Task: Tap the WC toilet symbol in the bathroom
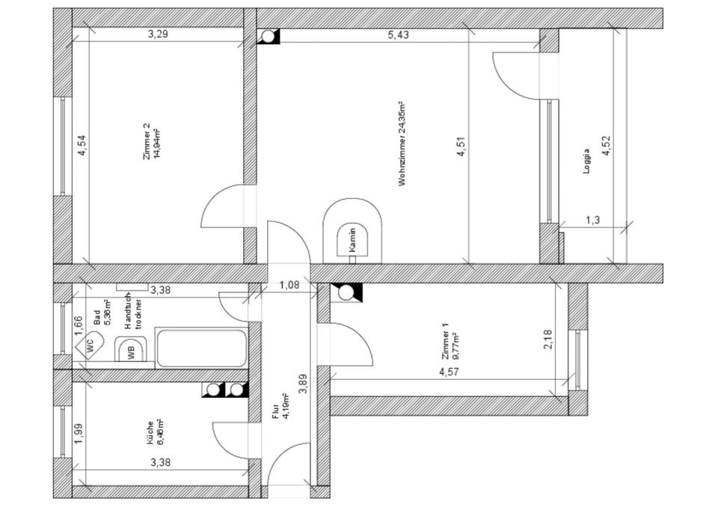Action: tap(89, 345)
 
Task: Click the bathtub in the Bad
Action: tap(202, 348)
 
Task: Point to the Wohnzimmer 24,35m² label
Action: tap(402, 144)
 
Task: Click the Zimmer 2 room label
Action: tap(152, 141)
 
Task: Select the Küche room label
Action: tap(156, 431)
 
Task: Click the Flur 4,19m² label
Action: tap(281, 407)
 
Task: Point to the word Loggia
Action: tap(587, 162)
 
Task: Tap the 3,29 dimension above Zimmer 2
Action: tap(158, 34)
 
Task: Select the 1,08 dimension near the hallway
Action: tap(289, 284)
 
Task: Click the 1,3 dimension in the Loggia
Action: tap(592, 219)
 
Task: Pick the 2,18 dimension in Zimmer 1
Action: tap(548, 339)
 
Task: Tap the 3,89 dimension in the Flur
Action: tap(303, 383)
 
